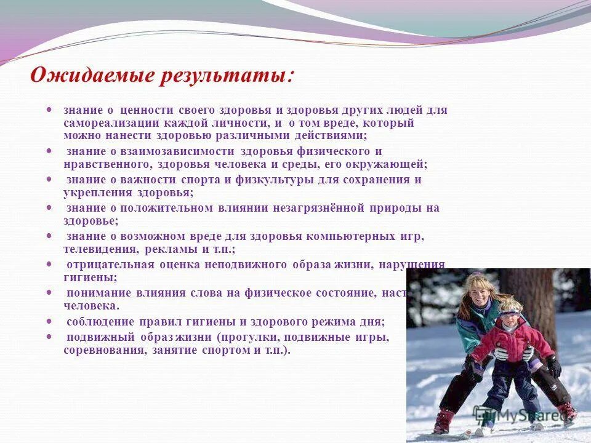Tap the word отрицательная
(105, 265)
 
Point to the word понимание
(96, 293)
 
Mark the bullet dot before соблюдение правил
(49, 321)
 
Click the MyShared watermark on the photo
(523, 415)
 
